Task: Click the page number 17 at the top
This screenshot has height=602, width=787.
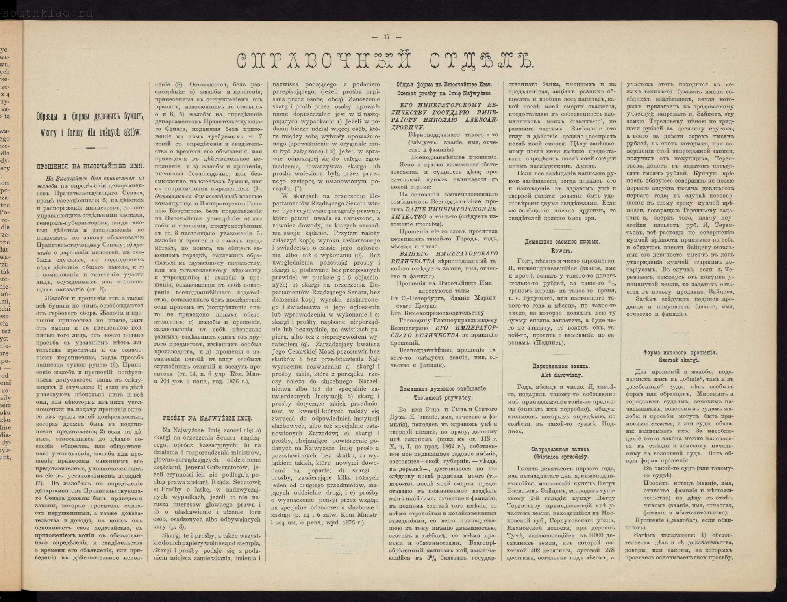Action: [387, 37]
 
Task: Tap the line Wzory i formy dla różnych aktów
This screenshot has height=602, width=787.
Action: [90, 133]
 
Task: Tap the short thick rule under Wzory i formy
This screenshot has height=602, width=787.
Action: [91, 148]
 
